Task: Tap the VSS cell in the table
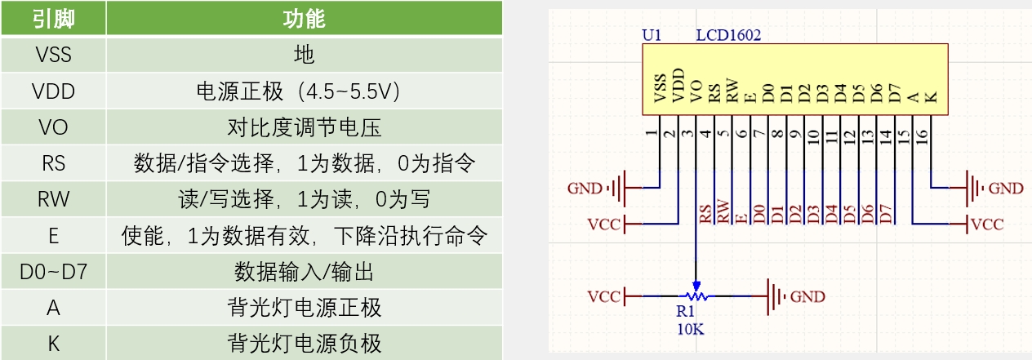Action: tap(54, 56)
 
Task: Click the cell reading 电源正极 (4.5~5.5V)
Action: tap(304, 91)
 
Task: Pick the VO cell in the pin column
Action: tap(54, 127)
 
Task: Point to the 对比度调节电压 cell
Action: tap(304, 127)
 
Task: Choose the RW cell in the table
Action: tap(54, 199)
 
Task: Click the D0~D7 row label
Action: tap(54, 272)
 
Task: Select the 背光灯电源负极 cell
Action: tap(304, 344)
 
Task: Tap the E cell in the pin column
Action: tap(54, 236)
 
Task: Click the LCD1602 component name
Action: tap(728, 36)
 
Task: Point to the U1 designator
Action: tap(652, 36)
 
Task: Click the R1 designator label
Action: tap(685, 311)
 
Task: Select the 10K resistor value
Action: tap(689, 329)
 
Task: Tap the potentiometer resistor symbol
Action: tap(696, 295)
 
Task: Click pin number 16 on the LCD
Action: tap(923, 135)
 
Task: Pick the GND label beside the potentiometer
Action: tap(807, 296)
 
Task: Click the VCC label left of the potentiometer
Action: tap(603, 296)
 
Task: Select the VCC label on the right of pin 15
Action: tap(987, 224)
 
